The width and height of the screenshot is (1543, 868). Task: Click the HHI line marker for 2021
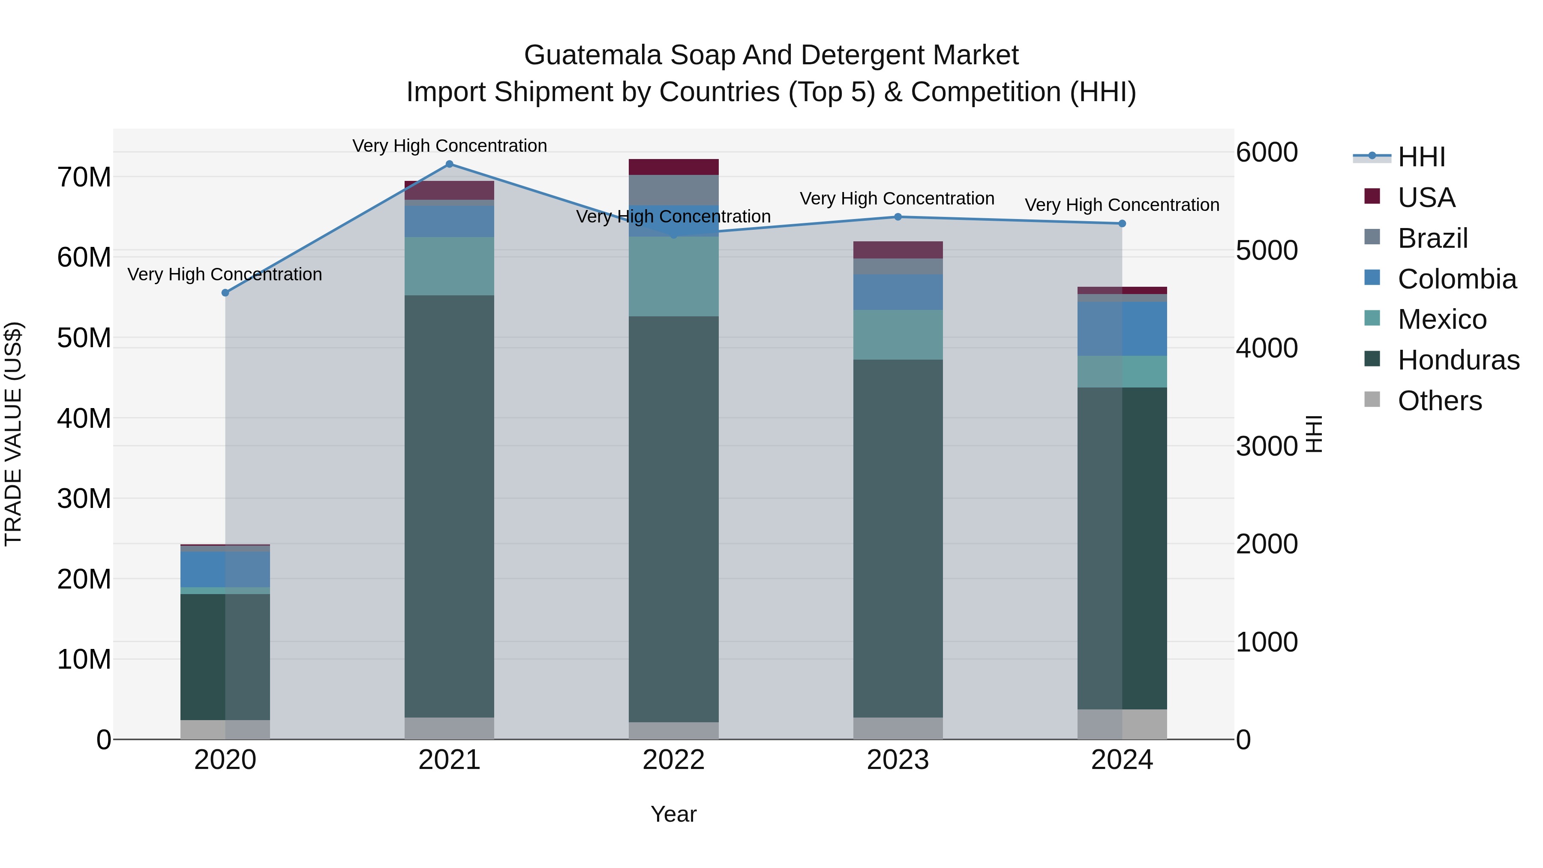[449, 164]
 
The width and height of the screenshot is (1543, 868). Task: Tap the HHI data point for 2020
[225, 293]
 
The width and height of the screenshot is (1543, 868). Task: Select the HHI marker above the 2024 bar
[1122, 223]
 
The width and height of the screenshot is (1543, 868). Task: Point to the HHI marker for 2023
[897, 217]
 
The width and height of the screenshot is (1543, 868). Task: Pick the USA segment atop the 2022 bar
[673, 167]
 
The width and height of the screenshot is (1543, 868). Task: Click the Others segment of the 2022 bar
[673, 730]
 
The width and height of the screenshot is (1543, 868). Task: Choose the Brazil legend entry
[1432, 238]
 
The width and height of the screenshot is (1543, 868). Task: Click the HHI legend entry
[1421, 157]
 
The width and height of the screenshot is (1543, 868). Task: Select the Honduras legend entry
[1458, 360]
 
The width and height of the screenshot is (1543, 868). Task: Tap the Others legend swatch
[1372, 399]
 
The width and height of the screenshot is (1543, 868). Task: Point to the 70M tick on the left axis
[84, 177]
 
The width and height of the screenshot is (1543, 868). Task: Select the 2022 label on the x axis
[673, 760]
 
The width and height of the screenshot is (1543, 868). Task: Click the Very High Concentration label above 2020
[225, 274]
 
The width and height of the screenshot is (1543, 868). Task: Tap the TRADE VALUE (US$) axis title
[13, 434]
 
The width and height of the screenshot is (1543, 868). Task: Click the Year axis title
[673, 814]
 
